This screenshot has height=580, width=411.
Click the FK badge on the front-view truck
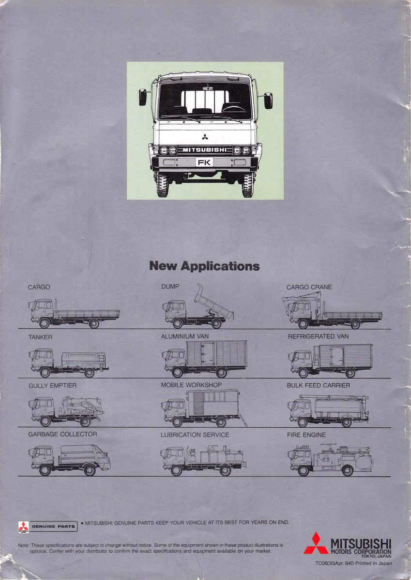pos(204,162)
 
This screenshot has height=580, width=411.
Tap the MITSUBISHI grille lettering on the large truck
pos(204,150)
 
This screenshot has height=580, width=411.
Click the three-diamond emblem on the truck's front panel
pos(205,136)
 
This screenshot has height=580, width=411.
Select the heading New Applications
pos(204,266)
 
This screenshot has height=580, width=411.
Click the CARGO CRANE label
pos(309,287)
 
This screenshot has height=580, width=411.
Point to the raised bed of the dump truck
pos(213,302)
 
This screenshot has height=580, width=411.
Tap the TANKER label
pos(40,336)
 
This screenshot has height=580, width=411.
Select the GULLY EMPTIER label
pos(52,386)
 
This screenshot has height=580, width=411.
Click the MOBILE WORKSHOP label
pos(191,385)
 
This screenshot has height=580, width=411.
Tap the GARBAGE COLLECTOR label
pos(62,435)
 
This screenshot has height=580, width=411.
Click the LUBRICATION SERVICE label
pos(195,435)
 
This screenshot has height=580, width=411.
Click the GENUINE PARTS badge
pos(47,526)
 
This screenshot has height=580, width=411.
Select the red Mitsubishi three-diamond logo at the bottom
pos(316,543)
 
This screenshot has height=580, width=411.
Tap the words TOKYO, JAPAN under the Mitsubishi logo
pos(377,556)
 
